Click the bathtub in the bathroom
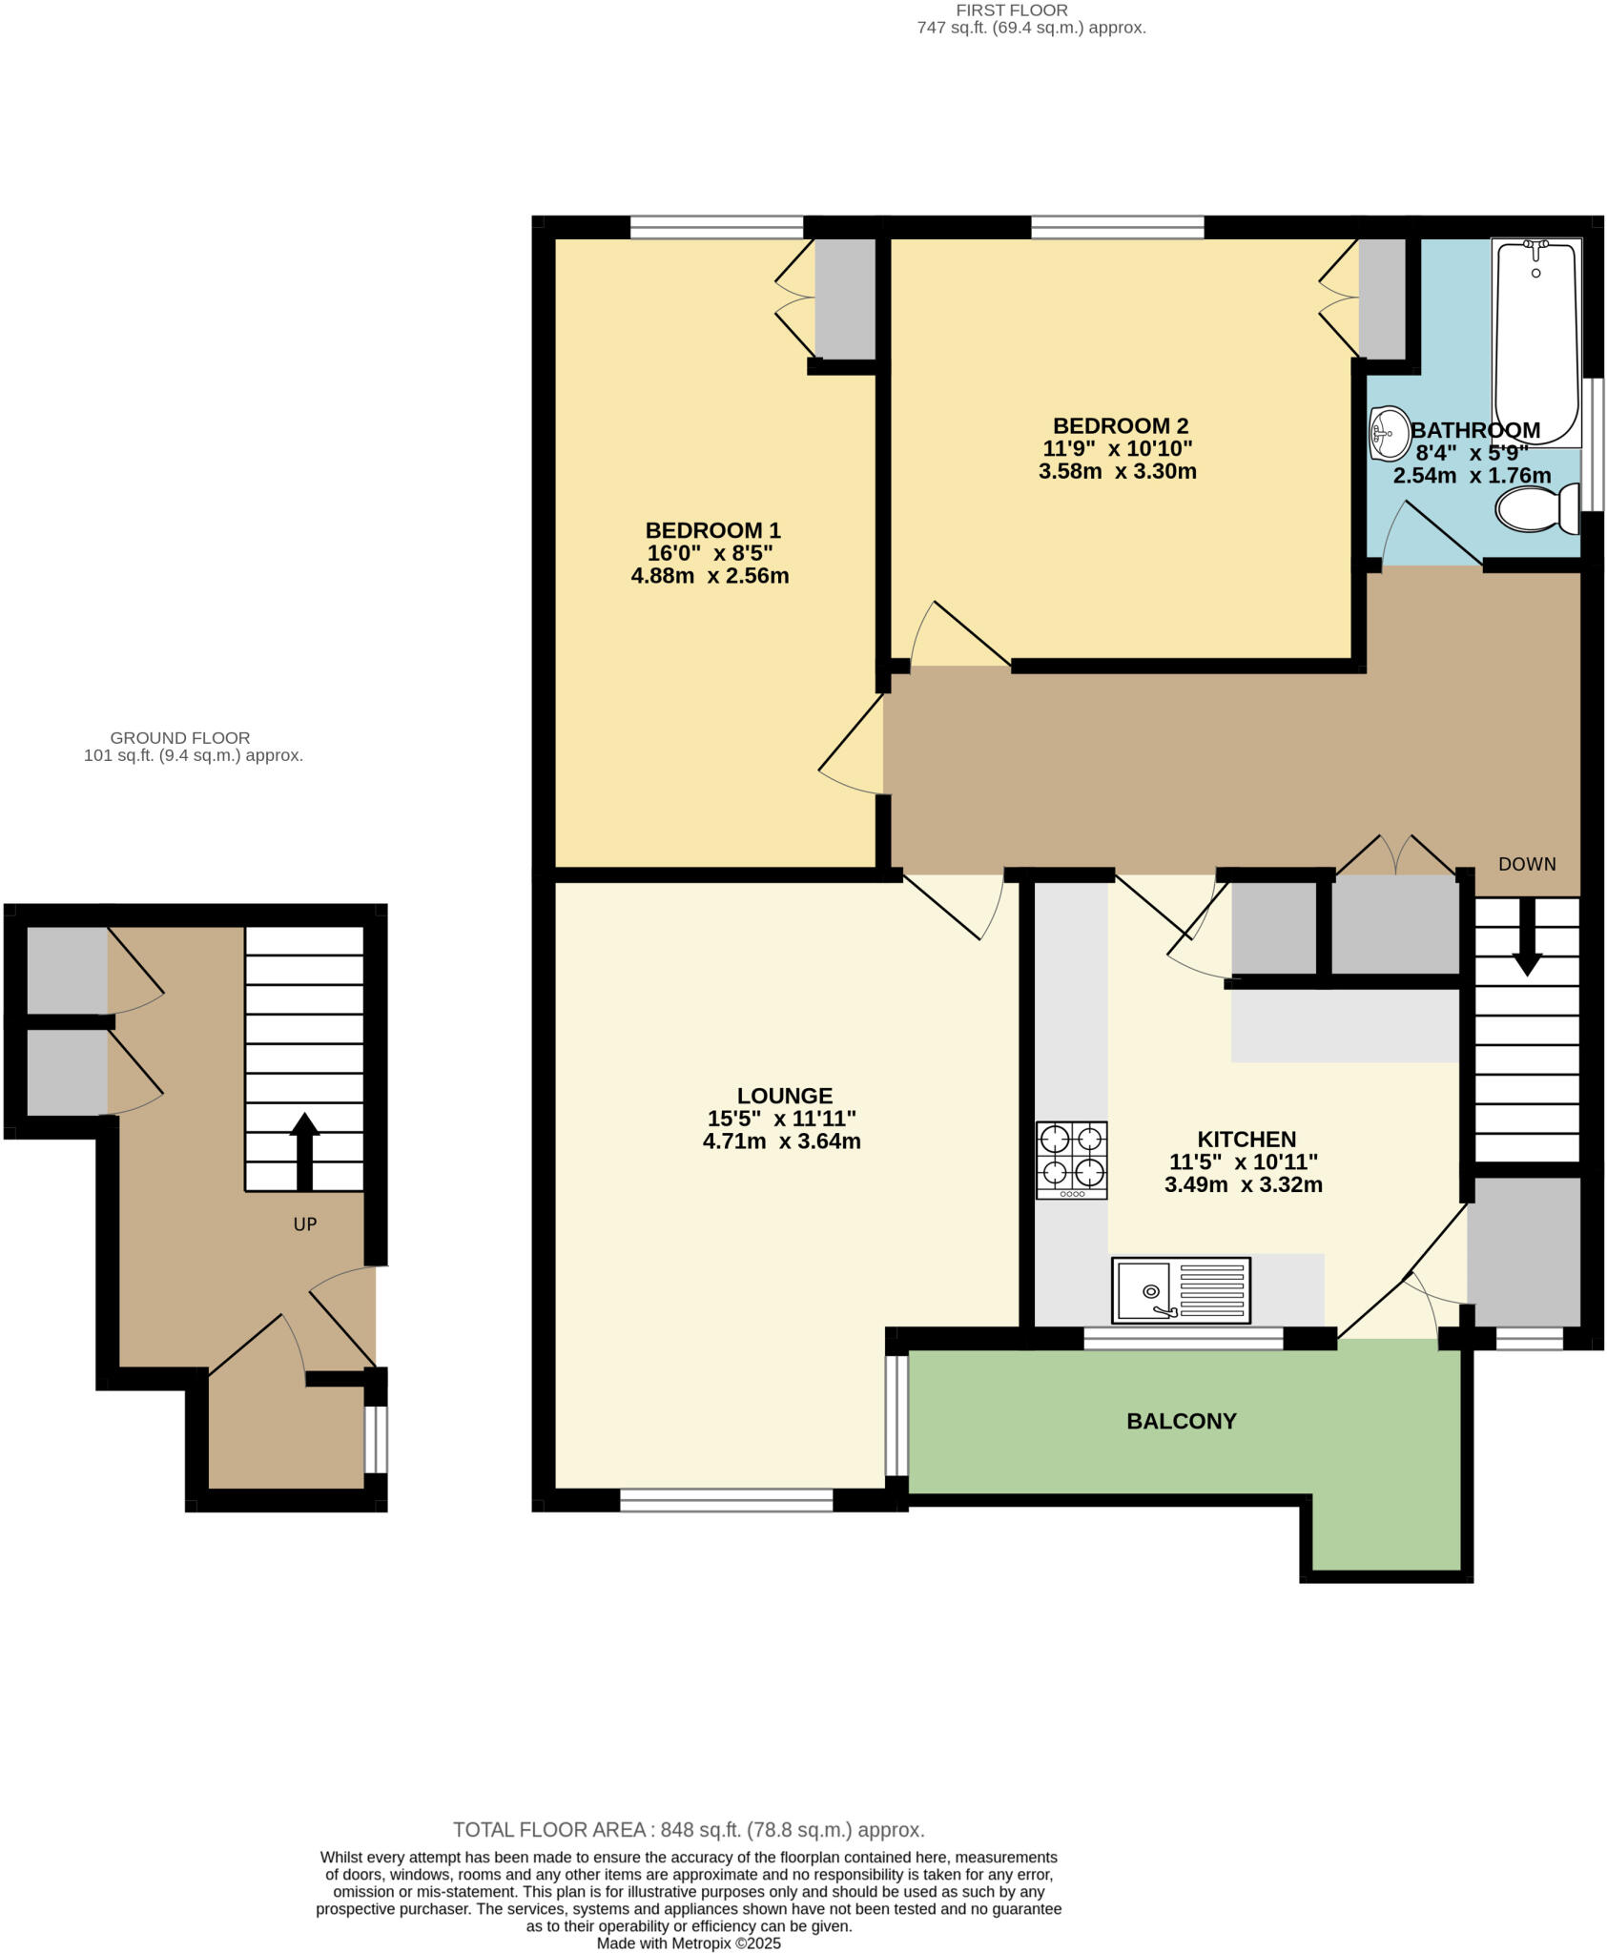[1535, 343]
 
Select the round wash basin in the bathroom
[1390, 433]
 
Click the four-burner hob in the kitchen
[1072, 1160]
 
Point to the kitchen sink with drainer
[1181, 1290]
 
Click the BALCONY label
[1181, 1421]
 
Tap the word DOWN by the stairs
[1527, 864]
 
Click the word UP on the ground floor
[304, 1224]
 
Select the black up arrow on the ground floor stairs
[304, 1151]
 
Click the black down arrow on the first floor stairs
[1527, 938]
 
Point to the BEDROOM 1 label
[712, 530]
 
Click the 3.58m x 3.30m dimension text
[1117, 471]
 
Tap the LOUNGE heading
[784, 1096]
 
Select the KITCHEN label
[1246, 1139]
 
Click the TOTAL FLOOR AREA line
[689, 1830]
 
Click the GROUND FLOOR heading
[180, 737]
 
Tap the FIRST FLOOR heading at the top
[1012, 10]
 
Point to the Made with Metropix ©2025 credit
[689, 1943]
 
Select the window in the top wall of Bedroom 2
[1117, 227]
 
